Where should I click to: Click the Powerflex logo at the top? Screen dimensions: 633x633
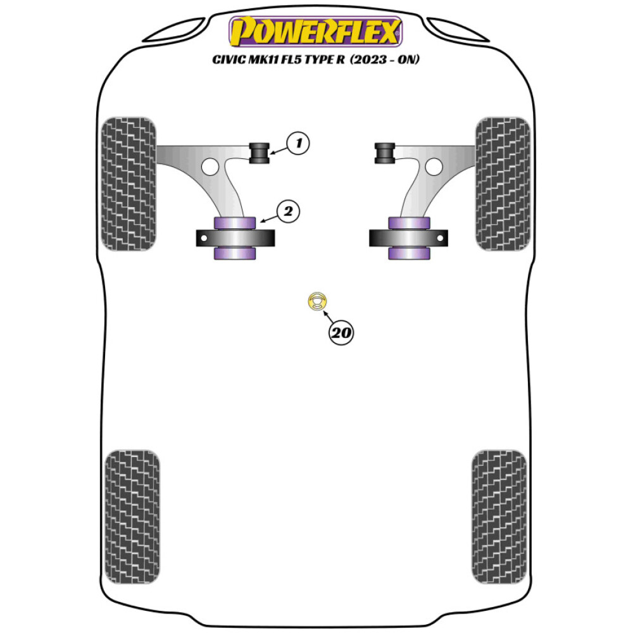[x=316, y=32]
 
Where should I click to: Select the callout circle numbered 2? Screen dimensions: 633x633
[x=288, y=211]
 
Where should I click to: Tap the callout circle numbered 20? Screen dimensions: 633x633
[x=341, y=333]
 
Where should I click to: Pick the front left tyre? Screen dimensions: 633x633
[x=128, y=184]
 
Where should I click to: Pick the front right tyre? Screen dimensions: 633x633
[x=502, y=184]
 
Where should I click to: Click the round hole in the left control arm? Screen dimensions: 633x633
[x=211, y=167]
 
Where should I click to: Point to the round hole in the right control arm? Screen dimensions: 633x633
[x=433, y=166]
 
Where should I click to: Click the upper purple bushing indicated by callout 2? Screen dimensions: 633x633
[x=235, y=222]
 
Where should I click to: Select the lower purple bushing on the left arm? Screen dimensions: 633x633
[x=235, y=253]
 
